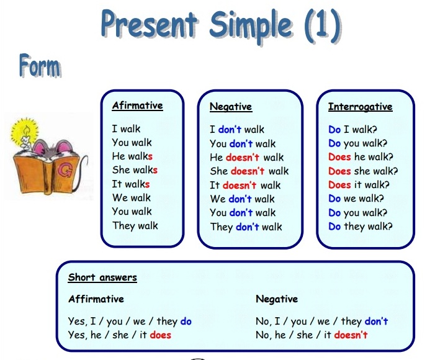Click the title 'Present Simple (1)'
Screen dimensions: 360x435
220,26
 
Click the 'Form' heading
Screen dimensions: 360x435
40,66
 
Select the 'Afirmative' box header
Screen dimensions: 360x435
137,106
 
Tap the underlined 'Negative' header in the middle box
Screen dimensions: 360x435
231,107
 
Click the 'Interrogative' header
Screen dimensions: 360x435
360,107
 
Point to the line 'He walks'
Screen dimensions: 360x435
132,156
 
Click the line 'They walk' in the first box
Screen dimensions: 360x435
135,225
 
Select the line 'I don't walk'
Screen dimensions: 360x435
237,130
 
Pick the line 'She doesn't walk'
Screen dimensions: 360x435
249,171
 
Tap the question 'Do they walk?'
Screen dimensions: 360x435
361,227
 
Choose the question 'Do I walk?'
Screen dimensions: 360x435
352,130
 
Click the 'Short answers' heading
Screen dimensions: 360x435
102,277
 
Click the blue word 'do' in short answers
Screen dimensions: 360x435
186,322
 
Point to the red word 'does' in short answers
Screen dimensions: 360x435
161,335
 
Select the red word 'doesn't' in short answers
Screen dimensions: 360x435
351,335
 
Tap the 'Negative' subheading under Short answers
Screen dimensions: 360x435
277,299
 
